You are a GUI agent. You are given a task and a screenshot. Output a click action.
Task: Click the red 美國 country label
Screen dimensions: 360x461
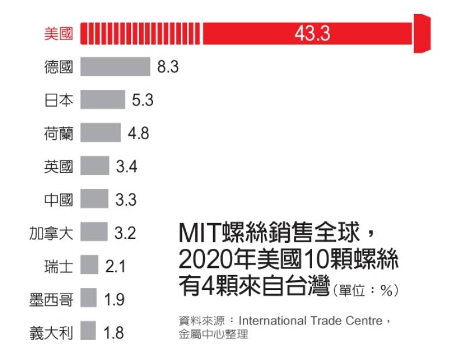(x=59, y=33)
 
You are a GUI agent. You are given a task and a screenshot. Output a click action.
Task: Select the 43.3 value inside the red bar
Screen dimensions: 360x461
(x=312, y=33)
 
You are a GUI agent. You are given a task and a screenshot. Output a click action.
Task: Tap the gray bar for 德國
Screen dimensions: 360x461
(x=115, y=66)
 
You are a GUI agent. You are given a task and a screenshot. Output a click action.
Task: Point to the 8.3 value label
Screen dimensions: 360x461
(x=168, y=67)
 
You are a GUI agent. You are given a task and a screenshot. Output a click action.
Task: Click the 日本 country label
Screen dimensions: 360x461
(x=59, y=100)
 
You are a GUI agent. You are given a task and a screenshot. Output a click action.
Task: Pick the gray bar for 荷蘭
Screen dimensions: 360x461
(x=101, y=133)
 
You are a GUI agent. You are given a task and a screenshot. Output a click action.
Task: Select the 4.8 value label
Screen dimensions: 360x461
(x=139, y=133)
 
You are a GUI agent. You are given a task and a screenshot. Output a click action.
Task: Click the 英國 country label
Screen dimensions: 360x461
(x=59, y=167)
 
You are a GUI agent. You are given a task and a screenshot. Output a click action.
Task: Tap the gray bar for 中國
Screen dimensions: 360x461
(x=94, y=200)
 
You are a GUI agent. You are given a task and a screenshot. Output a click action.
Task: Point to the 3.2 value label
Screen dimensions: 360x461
(x=125, y=234)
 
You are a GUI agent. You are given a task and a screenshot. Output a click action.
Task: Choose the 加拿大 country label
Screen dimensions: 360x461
(x=51, y=234)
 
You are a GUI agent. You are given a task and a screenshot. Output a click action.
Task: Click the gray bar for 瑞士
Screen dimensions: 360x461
(x=90, y=266)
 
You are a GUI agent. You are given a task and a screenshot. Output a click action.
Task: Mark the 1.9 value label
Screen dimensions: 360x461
(x=115, y=300)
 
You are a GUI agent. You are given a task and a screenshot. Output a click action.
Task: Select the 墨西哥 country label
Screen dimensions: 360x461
(x=51, y=300)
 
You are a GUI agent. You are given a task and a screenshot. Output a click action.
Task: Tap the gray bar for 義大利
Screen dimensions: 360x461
(x=88, y=333)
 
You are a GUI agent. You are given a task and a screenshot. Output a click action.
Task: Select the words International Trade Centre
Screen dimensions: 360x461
(x=310, y=321)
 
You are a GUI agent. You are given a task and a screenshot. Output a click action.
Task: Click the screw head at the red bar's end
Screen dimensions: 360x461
(x=422, y=33)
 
